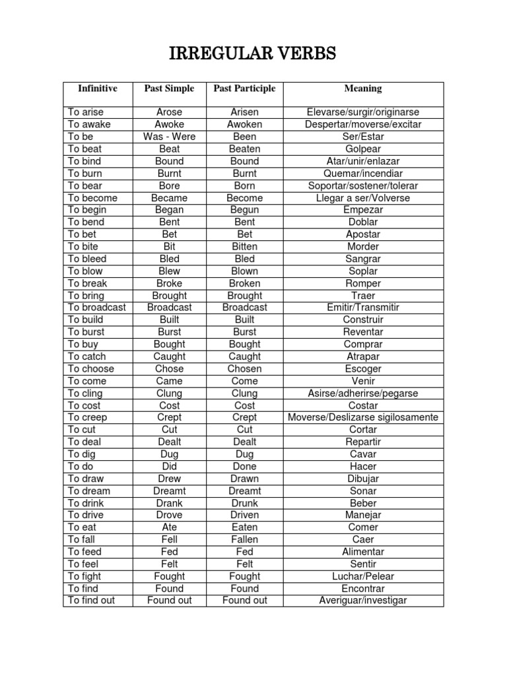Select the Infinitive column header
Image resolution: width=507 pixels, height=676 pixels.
(98, 88)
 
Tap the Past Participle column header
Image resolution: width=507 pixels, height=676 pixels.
(244, 88)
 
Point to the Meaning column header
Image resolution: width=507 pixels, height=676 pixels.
(362, 88)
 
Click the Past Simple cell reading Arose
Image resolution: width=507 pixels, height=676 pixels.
(170, 112)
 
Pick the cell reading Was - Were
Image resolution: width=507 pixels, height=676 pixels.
(170, 137)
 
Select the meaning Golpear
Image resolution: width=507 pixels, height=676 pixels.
(362, 149)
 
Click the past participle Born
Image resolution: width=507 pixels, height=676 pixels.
(244, 186)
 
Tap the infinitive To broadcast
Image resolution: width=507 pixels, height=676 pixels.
(97, 308)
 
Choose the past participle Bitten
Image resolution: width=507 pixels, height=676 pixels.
(244, 246)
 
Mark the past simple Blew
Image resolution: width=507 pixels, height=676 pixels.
(170, 271)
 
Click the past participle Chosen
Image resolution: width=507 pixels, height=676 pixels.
(244, 369)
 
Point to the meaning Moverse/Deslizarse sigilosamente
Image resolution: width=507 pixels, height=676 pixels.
(362, 418)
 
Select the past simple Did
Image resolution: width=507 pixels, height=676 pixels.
(170, 466)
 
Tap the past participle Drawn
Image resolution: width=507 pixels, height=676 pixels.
(244, 479)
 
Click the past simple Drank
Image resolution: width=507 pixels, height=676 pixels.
(170, 503)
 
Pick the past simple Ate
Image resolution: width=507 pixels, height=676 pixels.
(170, 527)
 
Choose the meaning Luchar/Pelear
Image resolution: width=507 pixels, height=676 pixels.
(362, 576)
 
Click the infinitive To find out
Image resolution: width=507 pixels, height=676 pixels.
(92, 601)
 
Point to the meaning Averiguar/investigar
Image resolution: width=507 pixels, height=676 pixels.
(362, 601)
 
